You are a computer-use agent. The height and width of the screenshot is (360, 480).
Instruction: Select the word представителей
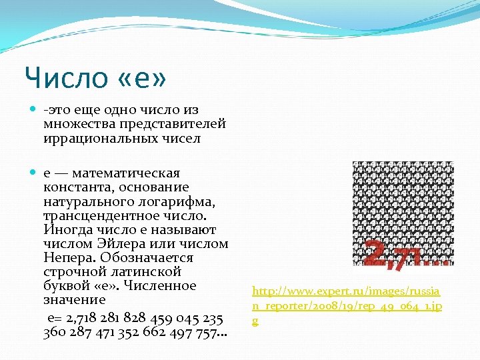pos(173,125)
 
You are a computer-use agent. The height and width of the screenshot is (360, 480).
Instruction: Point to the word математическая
pos(127,173)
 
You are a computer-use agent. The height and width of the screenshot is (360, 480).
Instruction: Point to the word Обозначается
pos(151,258)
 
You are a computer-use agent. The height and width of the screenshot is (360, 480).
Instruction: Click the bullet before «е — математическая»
pos(34,173)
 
